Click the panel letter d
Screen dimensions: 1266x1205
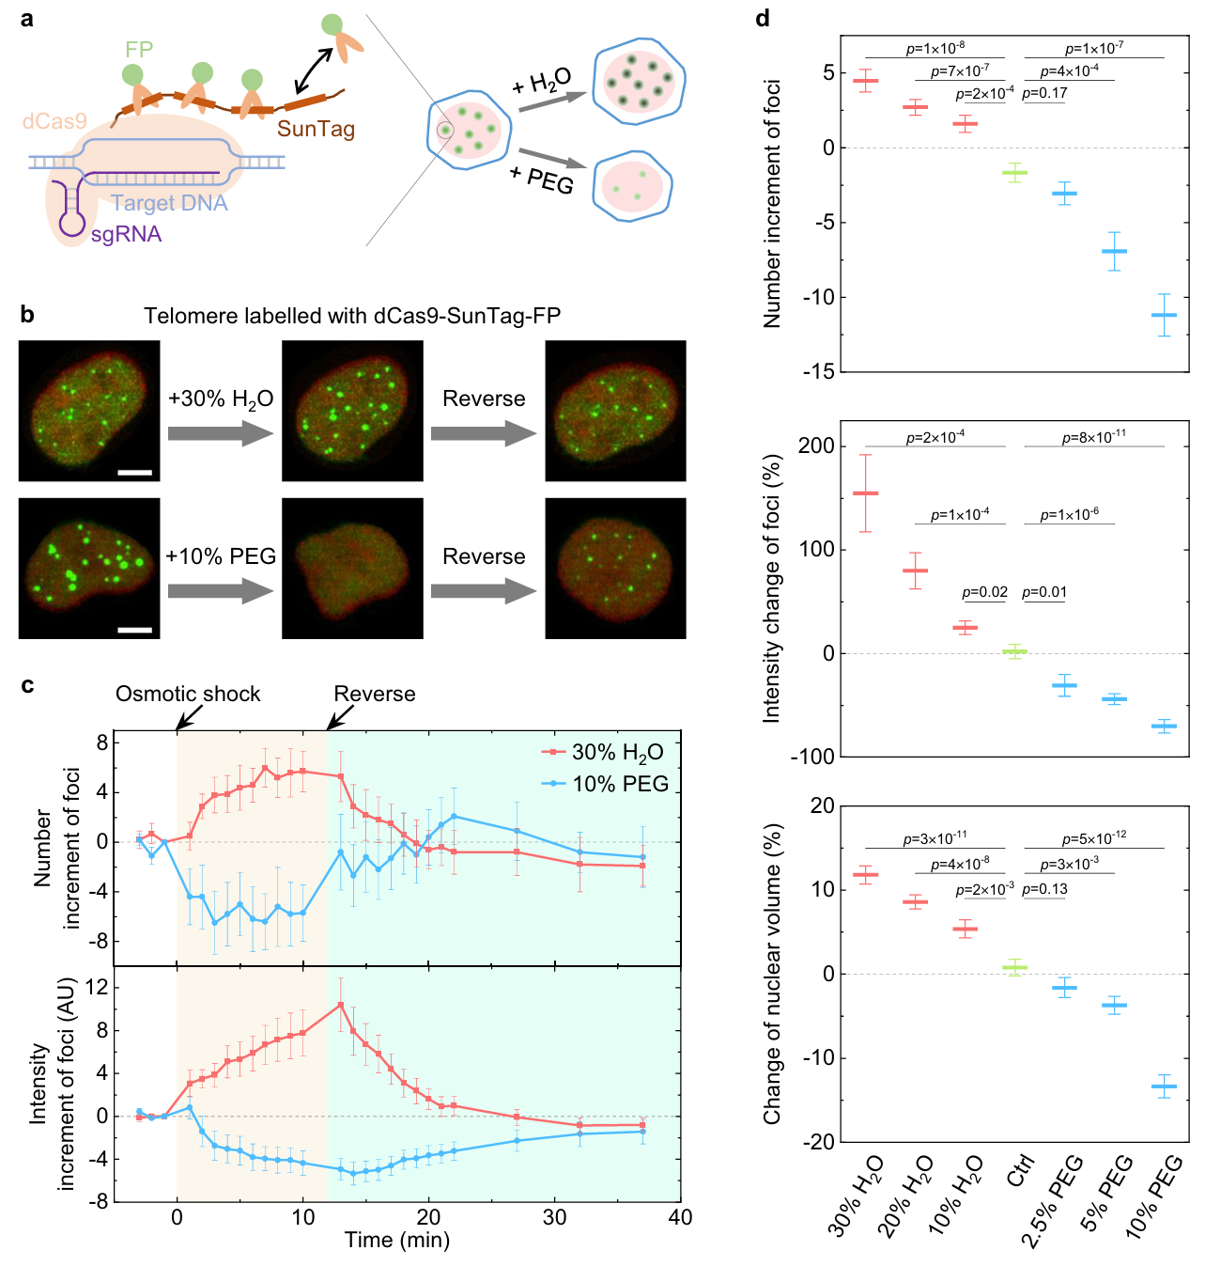point(763,18)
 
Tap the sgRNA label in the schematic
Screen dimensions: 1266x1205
point(126,234)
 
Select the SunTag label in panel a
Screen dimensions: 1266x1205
point(316,128)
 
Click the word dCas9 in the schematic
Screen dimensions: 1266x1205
point(54,121)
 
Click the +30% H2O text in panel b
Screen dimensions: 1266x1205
point(221,399)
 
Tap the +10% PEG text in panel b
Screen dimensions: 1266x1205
point(221,556)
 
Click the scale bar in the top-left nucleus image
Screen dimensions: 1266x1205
point(135,472)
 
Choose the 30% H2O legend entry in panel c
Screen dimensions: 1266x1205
point(604,752)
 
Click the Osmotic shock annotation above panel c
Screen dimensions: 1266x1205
point(188,694)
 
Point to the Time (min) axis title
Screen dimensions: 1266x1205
point(396,1240)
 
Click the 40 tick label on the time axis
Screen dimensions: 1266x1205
point(680,1217)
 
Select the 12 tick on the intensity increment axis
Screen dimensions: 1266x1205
point(97,988)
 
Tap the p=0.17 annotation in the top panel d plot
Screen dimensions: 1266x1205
point(1044,93)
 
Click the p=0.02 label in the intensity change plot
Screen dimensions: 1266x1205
point(984,592)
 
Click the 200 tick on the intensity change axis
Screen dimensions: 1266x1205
point(815,446)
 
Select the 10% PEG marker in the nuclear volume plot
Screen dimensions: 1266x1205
point(1164,1086)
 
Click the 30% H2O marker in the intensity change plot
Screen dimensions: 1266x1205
point(865,493)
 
